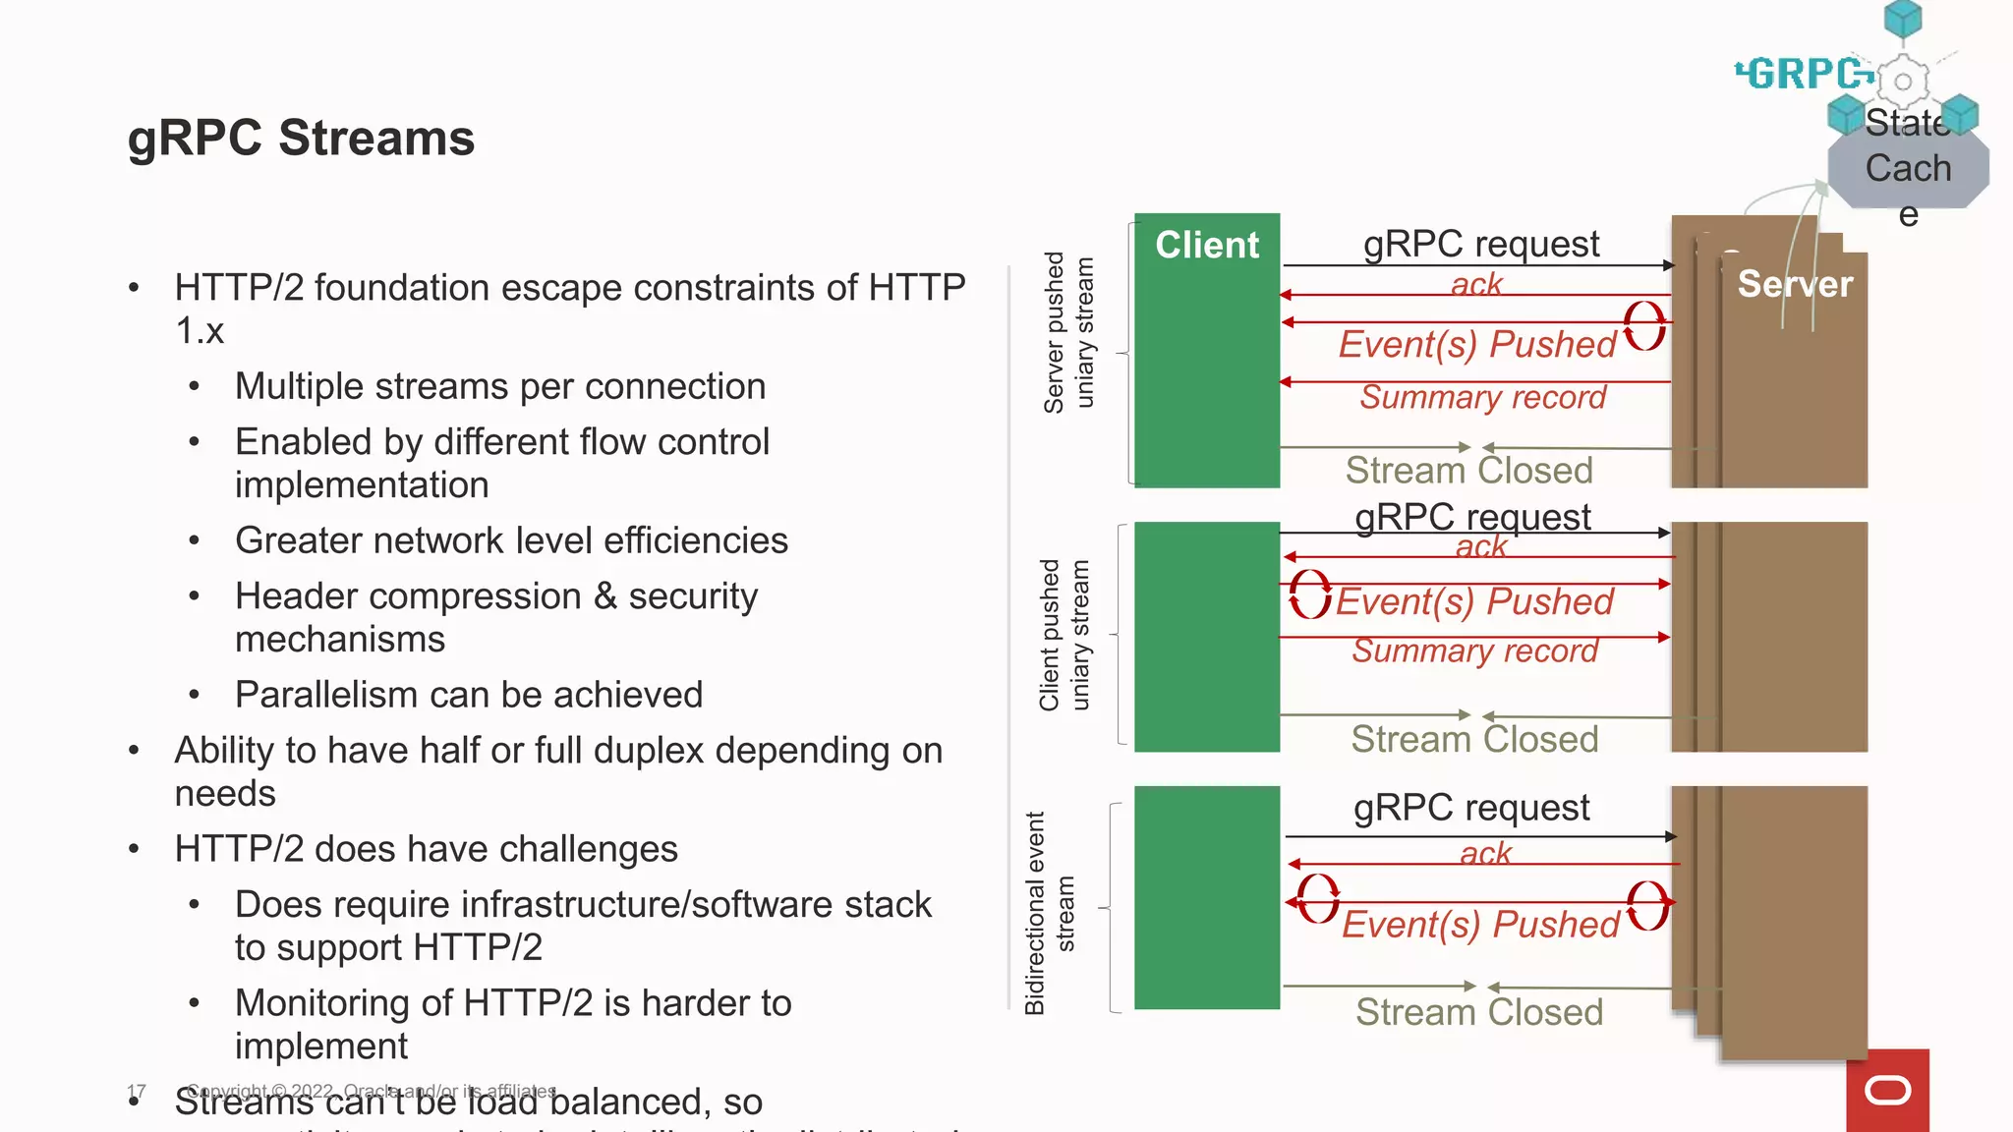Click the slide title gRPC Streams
(301, 138)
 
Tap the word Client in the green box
(1206, 245)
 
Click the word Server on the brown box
(1794, 284)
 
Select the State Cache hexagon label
(1908, 168)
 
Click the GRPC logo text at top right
(1805, 74)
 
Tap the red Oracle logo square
(1887, 1090)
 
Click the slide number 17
(137, 1092)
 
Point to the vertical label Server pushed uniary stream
(1068, 332)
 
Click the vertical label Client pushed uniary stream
(1064, 635)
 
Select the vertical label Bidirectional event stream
(1050, 912)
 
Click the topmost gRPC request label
(1480, 244)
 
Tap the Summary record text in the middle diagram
(1474, 651)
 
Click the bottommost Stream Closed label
(1478, 1012)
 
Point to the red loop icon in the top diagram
(1644, 326)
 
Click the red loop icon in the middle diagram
(1310, 594)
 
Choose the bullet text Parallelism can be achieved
(469, 695)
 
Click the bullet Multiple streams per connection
(499, 386)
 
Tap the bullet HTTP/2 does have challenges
(426, 849)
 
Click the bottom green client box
(1206, 897)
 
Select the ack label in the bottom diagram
(1484, 853)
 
